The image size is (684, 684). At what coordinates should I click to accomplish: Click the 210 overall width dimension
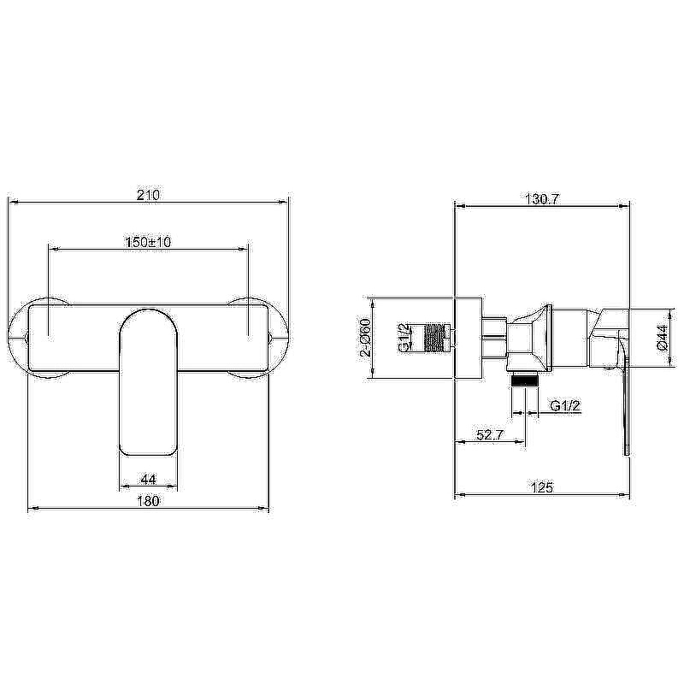click(x=148, y=195)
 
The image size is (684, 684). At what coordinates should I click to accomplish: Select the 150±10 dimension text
click(x=148, y=242)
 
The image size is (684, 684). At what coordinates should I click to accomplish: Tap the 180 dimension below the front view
click(x=148, y=501)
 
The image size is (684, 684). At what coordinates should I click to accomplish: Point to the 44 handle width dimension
click(x=148, y=480)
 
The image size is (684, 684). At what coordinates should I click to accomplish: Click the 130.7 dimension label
click(x=542, y=199)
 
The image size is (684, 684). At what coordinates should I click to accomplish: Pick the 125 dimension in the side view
click(x=542, y=486)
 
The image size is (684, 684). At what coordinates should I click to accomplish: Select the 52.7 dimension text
click(x=490, y=435)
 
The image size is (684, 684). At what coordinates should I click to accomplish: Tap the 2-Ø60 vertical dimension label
click(x=365, y=338)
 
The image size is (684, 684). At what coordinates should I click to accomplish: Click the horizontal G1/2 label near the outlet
click(x=566, y=406)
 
